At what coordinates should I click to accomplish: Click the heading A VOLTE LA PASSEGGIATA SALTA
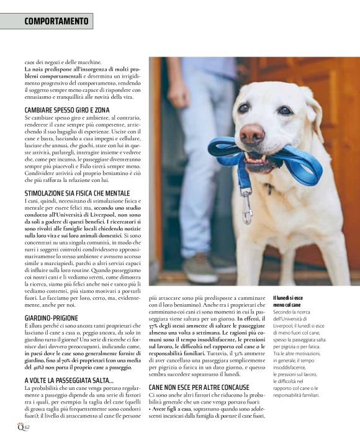(68, 379)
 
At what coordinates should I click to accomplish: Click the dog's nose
(253, 133)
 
